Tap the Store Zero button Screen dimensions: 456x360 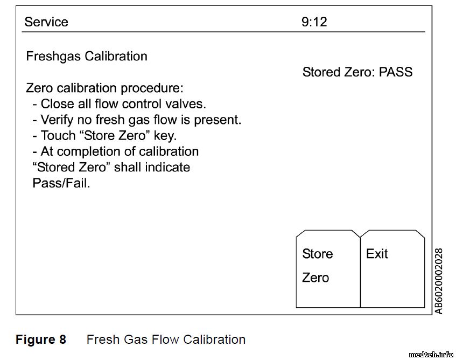tap(328, 269)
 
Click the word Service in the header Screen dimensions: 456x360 tap(46, 22)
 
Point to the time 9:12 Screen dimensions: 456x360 tap(314, 22)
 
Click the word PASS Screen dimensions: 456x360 tap(396, 72)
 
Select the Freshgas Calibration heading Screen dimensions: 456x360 tap(87, 56)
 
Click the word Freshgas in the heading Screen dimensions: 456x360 tap(53, 57)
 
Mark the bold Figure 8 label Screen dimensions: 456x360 tap(41, 340)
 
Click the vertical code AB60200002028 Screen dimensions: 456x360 tap(439, 281)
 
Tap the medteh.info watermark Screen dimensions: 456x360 tap(431, 354)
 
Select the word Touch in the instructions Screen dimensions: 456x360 tap(58, 136)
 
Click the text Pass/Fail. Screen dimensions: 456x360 tap(61, 183)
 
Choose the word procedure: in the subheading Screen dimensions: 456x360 tap(152, 88)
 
